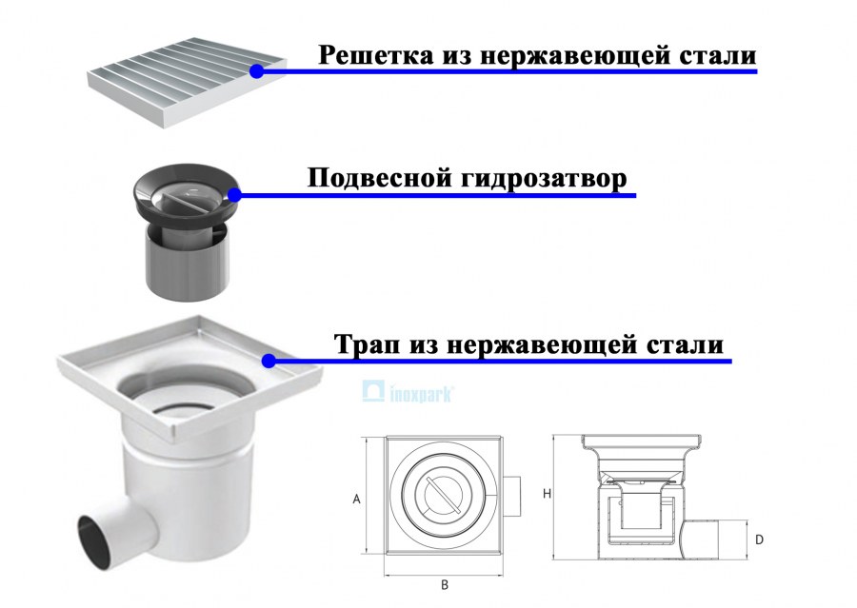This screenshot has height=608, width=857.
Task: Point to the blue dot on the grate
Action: click(x=256, y=70)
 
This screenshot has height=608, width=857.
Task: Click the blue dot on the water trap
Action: click(x=234, y=194)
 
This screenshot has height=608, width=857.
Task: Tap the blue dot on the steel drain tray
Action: click(x=269, y=361)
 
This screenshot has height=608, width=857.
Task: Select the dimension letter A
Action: click(x=356, y=498)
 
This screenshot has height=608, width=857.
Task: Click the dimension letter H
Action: click(x=547, y=494)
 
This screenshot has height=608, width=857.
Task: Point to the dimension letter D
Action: click(x=759, y=539)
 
